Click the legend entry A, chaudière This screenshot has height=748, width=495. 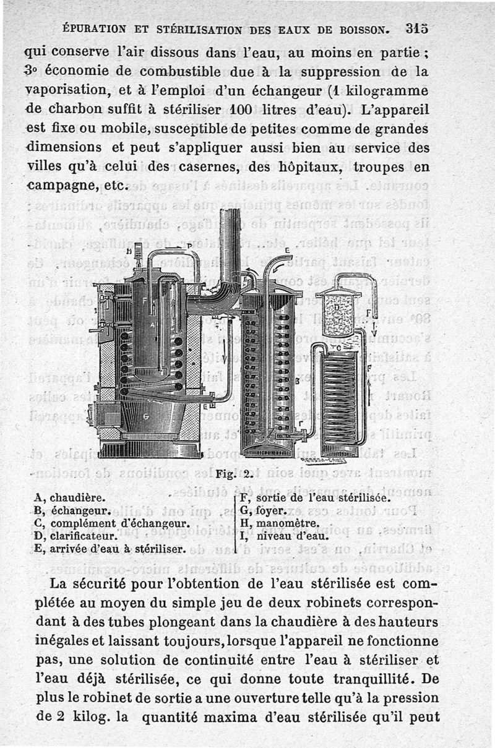pos(70,497)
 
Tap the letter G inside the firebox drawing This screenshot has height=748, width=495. pos(147,417)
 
